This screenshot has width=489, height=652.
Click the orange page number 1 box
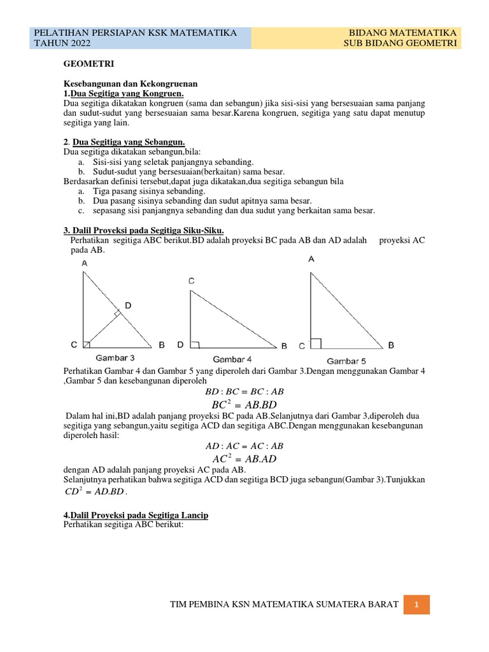(x=416, y=604)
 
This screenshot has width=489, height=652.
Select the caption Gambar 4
(x=232, y=359)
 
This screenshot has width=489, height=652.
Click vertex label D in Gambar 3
(x=128, y=306)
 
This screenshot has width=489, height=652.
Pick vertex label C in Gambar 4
(x=191, y=281)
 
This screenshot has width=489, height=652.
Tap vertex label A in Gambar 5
(x=311, y=259)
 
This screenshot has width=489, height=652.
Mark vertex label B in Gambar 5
(x=391, y=345)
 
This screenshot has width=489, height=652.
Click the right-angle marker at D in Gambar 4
(x=195, y=344)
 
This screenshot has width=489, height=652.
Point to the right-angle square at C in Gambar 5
(x=316, y=343)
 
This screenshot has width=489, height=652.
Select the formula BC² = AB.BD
(x=244, y=405)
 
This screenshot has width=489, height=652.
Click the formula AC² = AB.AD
(x=244, y=458)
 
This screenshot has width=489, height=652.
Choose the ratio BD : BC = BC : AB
(x=244, y=392)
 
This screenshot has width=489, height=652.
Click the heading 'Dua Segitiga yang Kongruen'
(x=124, y=94)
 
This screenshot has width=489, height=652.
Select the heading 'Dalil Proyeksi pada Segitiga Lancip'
(x=136, y=514)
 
